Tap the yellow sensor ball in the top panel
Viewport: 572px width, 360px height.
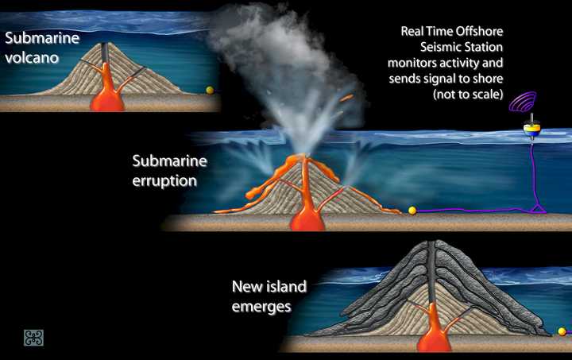(210, 91)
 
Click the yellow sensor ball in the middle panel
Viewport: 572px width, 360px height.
(412, 211)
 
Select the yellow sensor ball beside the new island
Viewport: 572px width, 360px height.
(562, 331)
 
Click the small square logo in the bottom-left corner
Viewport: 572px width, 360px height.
(33, 338)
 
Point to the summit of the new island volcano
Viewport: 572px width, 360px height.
(432, 244)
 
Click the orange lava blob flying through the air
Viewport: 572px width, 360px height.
(346, 99)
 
